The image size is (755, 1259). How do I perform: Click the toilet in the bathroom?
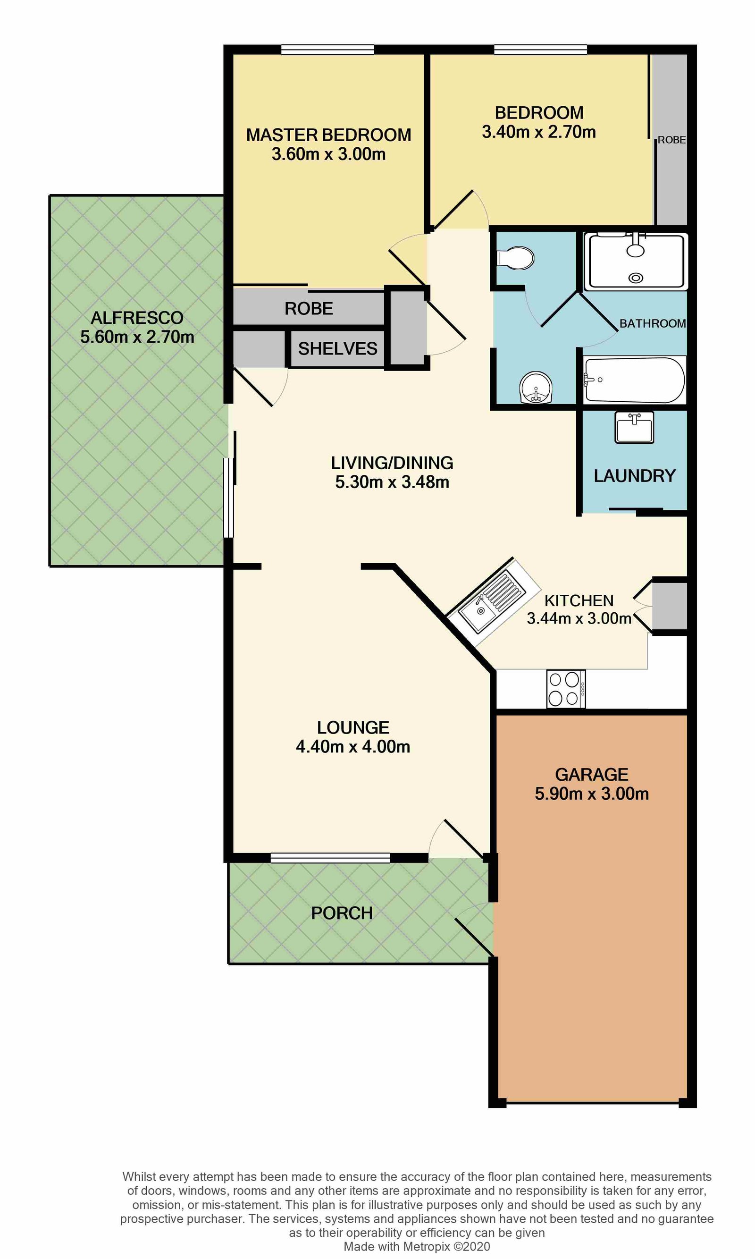(515, 258)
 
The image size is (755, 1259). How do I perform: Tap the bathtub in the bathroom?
(634, 380)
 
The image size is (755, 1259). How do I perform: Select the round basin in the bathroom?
(536, 387)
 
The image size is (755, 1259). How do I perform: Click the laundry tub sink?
(634, 427)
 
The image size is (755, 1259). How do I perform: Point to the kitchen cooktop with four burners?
(566, 689)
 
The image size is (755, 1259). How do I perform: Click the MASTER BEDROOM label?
(328, 135)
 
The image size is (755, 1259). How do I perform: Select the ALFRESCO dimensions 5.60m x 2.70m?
(137, 337)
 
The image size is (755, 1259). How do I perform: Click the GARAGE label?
(592, 775)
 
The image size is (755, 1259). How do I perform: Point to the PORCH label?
(342, 913)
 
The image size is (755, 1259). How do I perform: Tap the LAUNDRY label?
(635, 476)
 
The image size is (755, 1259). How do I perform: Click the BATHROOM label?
(653, 324)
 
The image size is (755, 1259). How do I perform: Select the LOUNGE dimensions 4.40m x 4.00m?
(353, 746)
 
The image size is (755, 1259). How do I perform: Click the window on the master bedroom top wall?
(327, 50)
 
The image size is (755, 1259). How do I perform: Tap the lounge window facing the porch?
(330, 859)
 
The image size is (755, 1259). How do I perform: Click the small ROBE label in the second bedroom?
(671, 140)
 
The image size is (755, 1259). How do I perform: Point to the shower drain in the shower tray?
(636, 278)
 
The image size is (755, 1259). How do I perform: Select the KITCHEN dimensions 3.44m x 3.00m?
(579, 618)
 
